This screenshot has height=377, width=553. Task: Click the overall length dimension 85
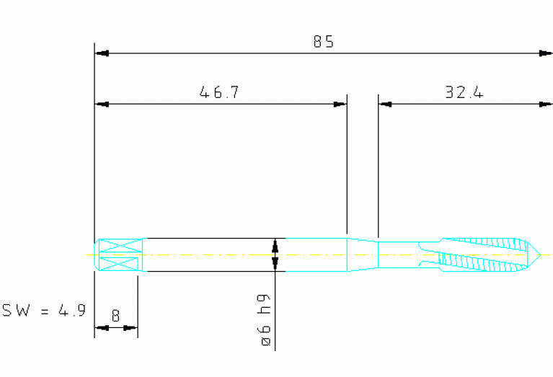[324, 42]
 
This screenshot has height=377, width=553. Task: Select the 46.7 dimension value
[219, 92]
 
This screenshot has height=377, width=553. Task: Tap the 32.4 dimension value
[464, 92]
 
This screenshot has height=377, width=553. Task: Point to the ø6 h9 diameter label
[265, 320]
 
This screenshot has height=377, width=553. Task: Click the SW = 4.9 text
[44, 311]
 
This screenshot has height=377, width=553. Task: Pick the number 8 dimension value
[115, 316]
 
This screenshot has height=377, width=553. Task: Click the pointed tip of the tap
[540, 254]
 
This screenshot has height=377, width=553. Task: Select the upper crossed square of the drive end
[120, 246]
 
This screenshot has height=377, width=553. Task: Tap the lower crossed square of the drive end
[120, 264]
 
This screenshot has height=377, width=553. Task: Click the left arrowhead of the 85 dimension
[102, 53]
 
